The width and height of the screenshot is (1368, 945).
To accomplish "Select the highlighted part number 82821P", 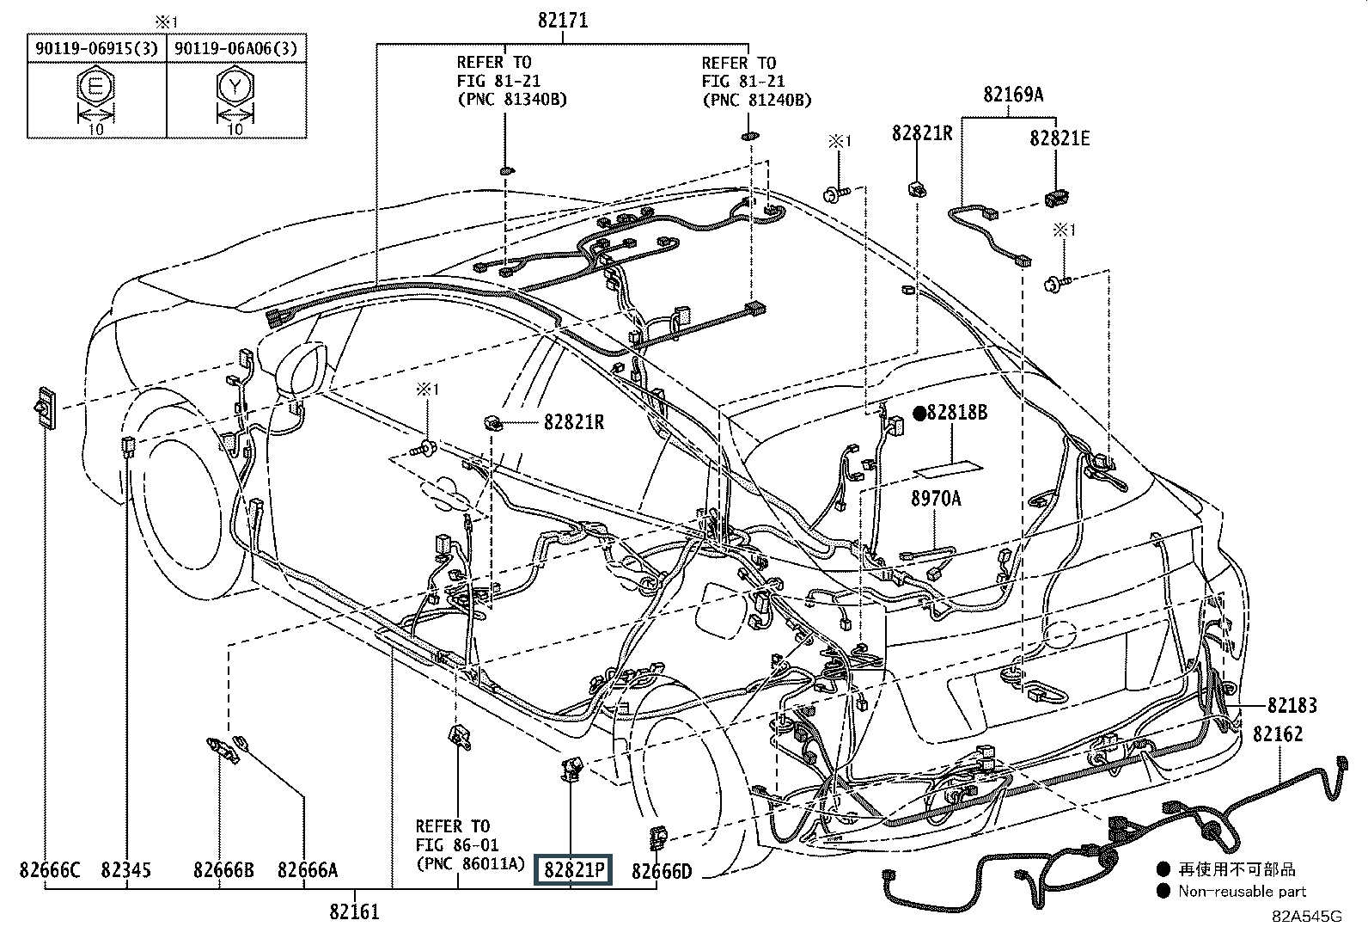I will (572, 870).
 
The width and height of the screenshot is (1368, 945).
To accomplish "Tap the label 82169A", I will (1014, 95).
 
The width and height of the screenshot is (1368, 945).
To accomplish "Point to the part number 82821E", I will (1060, 138).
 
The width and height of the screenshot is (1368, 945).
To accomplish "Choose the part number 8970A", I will (936, 498).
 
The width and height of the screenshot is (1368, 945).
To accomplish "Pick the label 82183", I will (1292, 705).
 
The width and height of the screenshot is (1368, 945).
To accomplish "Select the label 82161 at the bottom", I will (353, 911).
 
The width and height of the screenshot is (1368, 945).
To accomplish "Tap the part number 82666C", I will (50, 870).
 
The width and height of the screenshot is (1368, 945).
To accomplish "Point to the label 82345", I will (125, 870).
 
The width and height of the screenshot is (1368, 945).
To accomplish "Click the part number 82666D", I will (662, 871).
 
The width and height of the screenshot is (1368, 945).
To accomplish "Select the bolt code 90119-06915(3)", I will (96, 49).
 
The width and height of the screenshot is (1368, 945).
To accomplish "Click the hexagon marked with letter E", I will (95, 88).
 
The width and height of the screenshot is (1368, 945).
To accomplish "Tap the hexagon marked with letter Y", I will (235, 88).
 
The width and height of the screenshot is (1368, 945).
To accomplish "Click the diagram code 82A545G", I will (1307, 916).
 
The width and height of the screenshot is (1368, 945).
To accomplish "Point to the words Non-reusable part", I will (1242, 892).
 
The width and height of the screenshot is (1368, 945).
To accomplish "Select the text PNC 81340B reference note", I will (511, 99).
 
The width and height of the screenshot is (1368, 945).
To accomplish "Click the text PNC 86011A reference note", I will (469, 863).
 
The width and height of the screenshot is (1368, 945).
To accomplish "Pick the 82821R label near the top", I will (921, 133).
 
